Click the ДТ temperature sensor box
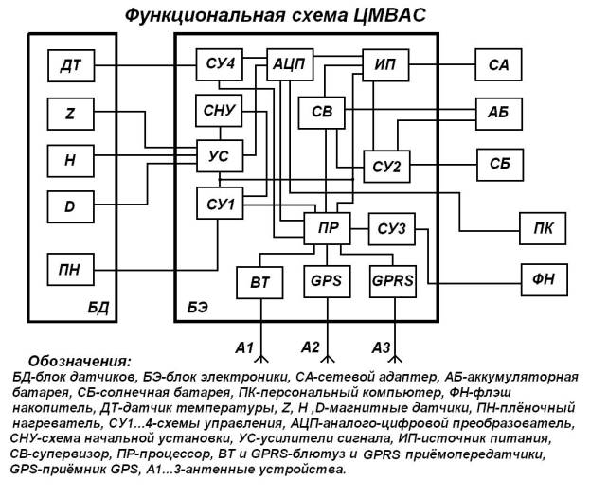point(71,65)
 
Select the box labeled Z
point(71,114)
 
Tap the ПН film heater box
point(71,269)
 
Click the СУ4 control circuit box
point(220,64)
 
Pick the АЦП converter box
point(290,64)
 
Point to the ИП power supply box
point(385,64)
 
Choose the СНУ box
point(219,111)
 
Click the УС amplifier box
point(220,156)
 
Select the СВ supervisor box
point(321,113)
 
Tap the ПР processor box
point(328,228)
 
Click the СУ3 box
point(392,229)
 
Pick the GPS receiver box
point(327,281)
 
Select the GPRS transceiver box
point(393,281)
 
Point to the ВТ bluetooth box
point(259,282)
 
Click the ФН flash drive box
point(544,280)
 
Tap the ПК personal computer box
point(543,228)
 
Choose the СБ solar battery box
point(500,165)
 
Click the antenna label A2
point(311,347)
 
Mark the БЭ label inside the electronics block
point(198,308)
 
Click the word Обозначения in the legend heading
point(80,362)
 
